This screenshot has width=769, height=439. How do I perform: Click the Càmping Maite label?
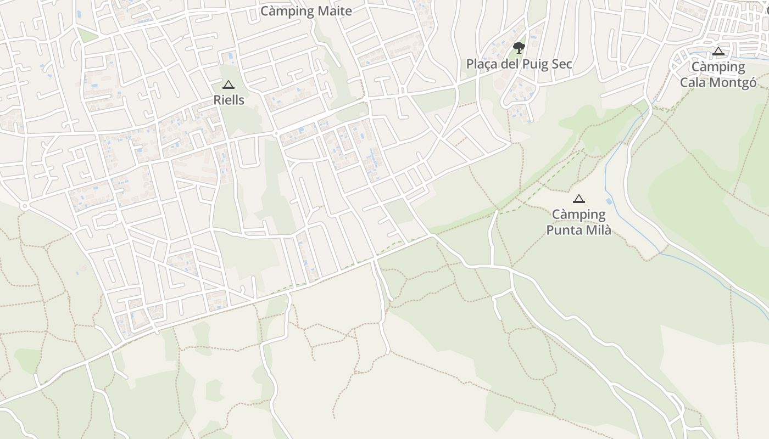pyautogui.click(x=306, y=11)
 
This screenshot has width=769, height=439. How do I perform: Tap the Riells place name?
pyautogui.click(x=229, y=100)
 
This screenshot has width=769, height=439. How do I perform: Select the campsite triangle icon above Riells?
pyautogui.click(x=228, y=85)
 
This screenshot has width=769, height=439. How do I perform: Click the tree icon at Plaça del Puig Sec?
pyautogui.click(x=519, y=47)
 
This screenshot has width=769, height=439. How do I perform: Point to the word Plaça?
pyautogui.click(x=482, y=64)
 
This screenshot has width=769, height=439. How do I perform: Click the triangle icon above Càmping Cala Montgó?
pyautogui.click(x=718, y=52)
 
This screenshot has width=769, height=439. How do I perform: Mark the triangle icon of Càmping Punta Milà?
pyautogui.click(x=578, y=199)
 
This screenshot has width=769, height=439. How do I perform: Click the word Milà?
pyautogui.click(x=598, y=230)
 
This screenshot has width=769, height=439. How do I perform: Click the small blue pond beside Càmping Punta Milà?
pyautogui.click(x=609, y=201)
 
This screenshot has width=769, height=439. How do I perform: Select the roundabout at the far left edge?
pyautogui.click(x=24, y=206)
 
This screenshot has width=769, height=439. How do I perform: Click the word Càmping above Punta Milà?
pyautogui.click(x=578, y=215)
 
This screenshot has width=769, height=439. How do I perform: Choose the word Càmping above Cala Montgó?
pyautogui.click(x=718, y=67)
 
